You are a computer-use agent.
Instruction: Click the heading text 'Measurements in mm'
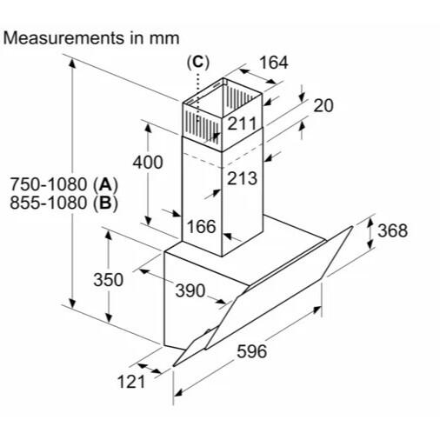(91, 38)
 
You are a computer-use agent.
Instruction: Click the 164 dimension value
(274, 63)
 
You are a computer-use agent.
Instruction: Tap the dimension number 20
(323, 105)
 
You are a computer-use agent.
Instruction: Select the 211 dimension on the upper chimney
(242, 123)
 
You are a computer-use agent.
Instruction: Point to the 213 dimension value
(242, 178)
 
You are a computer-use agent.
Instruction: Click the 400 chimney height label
(148, 162)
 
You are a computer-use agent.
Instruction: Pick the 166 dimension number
(202, 226)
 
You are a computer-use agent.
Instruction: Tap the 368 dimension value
(392, 230)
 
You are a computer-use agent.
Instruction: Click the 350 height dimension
(109, 280)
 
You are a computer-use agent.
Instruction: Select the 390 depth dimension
(190, 290)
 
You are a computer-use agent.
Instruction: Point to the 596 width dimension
(251, 351)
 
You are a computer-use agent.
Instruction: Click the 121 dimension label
(131, 382)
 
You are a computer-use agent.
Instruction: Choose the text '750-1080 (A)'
(64, 184)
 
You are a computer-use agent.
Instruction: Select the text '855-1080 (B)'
(64, 203)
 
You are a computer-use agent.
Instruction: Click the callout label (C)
(198, 63)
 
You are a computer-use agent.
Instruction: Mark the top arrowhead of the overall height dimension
(72, 62)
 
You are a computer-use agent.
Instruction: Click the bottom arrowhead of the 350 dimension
(109, 317)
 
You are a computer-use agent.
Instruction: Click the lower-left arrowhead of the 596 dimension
(178, 393)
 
